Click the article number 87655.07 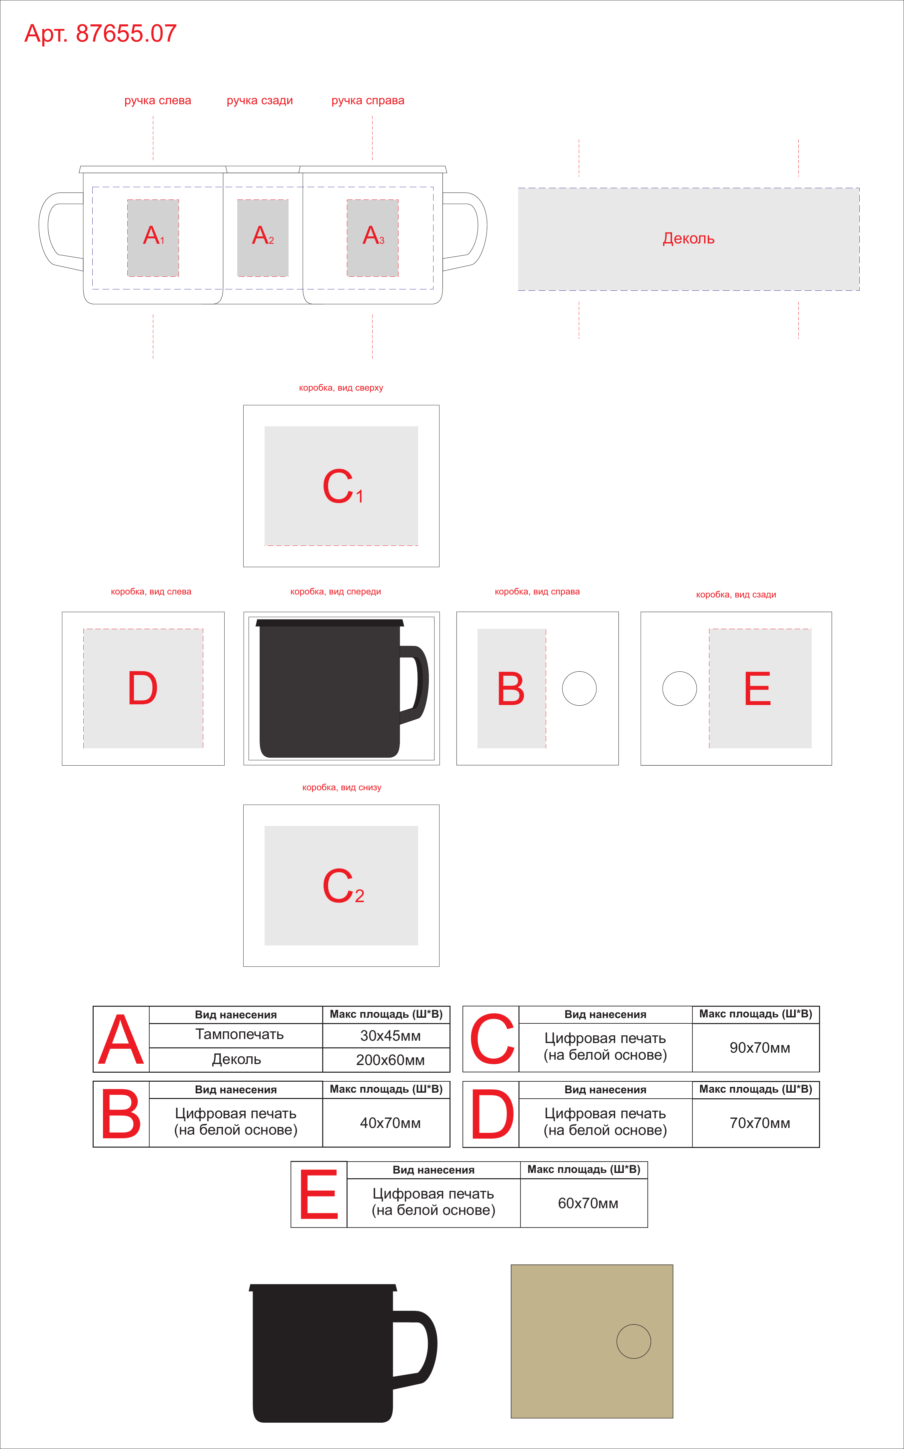[x=126, y=33]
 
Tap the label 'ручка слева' [x=158, y=100]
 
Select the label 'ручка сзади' [x=260, y=100]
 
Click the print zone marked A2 [x=263, y=238]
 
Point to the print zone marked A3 [x=373, y=238]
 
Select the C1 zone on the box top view [x=342, y=486]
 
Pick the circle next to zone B [x=579, y=688]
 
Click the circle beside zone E [x=680, y=688]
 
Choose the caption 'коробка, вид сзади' [x=736, y=594]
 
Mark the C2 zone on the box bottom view [x=342, y=886]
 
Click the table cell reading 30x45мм [x=391, y=1035]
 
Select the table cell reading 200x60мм [x=391, y=1060]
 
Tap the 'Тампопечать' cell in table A [x=239, y=1034]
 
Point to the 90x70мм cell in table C [x=760, y=1047]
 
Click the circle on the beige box [x=634, y=1341]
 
